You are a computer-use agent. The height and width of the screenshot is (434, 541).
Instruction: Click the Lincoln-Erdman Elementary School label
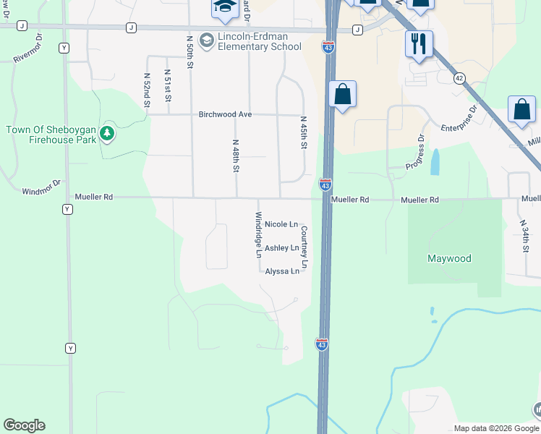coord(260,42)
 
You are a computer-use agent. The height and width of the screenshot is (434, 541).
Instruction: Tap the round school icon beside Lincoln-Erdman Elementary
coord(207,39)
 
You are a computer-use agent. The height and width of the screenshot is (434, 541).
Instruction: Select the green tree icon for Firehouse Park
coord(107,133)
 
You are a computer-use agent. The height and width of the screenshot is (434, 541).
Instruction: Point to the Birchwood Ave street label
coord(225,114)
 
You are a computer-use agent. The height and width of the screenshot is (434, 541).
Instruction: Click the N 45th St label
coord(304,133)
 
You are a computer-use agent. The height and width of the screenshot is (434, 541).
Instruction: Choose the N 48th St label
coord(236,156)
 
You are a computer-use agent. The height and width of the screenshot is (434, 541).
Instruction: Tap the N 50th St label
coord(189,52)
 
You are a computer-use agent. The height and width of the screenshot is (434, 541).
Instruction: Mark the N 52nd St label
coord(146,90)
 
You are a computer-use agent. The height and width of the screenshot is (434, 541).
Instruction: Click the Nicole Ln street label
coord(281,225)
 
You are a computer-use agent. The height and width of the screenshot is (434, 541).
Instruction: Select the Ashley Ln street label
coord(281,248)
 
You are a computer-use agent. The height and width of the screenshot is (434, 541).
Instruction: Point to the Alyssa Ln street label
coord(282,271)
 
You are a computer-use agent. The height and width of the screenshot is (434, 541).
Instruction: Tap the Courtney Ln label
coord(304,247)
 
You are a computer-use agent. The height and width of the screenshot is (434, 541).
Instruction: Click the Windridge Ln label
coord(258,234)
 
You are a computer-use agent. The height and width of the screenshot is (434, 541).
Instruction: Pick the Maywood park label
coord(449,258)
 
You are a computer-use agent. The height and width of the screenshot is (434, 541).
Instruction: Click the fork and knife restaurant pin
coord(419,44)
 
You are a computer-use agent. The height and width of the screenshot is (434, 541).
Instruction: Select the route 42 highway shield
coord(459,78)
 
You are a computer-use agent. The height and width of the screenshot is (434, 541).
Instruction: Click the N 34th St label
coord(526,236)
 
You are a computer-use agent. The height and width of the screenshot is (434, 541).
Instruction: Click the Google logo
coord(24,425)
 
